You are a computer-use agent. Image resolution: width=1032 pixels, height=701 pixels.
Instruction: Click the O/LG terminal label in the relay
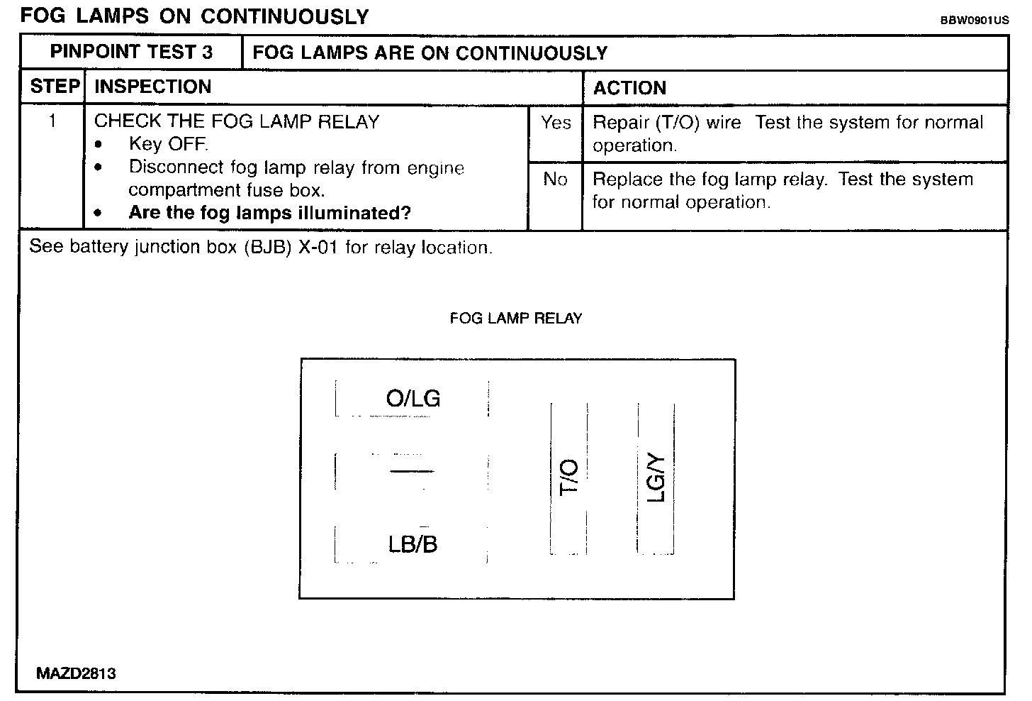tap(413, 399)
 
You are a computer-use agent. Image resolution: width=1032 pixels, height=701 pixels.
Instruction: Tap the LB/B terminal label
tap(413, 544)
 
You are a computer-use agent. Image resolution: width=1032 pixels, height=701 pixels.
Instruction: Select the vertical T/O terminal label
tap(569, 478)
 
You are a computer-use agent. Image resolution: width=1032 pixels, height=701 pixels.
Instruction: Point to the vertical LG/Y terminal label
tap(656, 478)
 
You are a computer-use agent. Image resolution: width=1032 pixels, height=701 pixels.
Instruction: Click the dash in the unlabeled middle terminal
tap(411, 470)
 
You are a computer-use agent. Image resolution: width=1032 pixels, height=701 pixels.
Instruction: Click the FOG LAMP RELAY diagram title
tap(515, 319)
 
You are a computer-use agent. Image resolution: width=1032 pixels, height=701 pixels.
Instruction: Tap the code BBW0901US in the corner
tap(974, 21)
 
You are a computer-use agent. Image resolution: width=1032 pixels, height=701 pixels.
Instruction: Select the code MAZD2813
tap(76, 673)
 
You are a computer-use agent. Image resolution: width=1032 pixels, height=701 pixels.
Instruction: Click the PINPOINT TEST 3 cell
tap(131, 53)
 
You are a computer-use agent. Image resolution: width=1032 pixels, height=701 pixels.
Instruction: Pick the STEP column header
tap(54, 87)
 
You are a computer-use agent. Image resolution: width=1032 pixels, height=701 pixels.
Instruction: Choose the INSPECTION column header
tap(152, 87)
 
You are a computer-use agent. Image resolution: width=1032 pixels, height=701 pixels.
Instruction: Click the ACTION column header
tap(629, 88)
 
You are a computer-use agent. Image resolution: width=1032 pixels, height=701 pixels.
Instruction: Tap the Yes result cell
tap(555, 123)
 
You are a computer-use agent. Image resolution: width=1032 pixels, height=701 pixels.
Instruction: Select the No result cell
tap(555, 180)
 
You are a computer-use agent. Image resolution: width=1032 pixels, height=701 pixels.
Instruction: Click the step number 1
tap(52, 121)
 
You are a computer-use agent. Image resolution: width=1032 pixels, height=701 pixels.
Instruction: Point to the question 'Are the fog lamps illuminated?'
tap(270, 214)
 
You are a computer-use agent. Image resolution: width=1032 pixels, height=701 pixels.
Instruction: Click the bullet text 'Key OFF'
tap(168, 145)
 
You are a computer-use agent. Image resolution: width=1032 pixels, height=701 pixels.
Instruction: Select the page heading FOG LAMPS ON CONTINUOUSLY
tap(194, 16)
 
